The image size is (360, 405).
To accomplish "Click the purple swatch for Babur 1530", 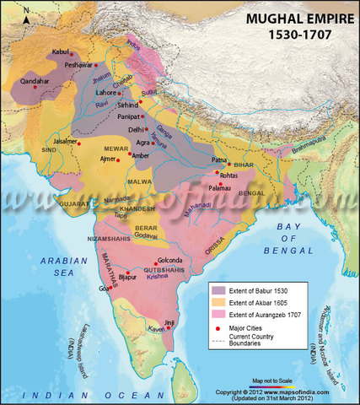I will (218, 291).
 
